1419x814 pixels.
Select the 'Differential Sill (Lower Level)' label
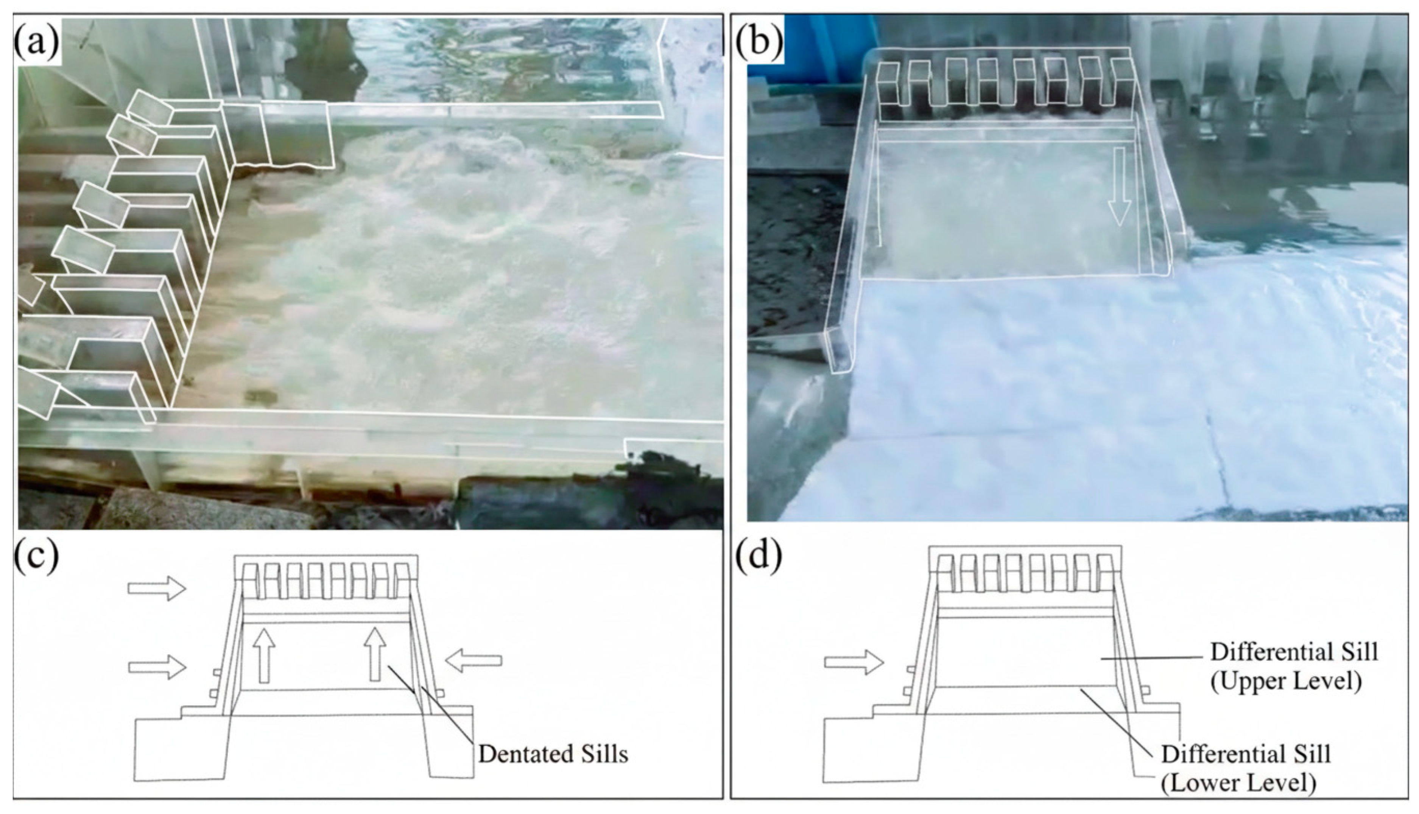pos(1246,769)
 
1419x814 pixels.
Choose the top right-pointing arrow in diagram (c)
pos(157,588)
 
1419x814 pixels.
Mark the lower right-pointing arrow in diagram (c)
pos(157,667)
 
